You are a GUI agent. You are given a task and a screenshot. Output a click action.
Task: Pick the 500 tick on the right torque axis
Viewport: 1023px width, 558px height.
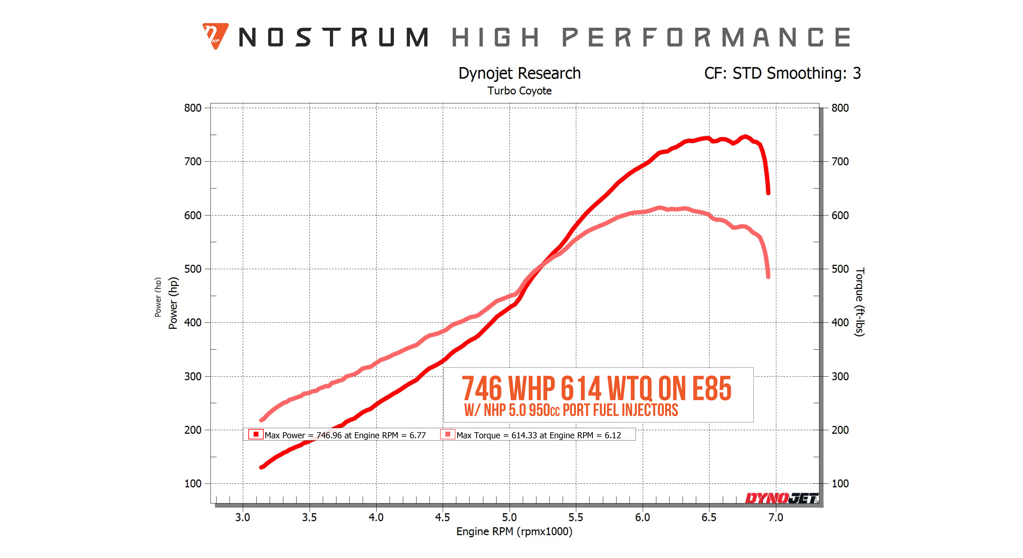click(840, 269)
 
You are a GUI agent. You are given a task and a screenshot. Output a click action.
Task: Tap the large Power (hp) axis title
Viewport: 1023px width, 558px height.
click(173, 303)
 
